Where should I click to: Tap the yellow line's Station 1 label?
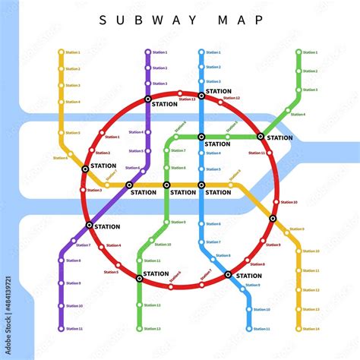[73, 52]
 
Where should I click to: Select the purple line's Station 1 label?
[159, 52]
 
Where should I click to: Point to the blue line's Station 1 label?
[213, 52]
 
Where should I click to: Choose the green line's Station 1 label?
[310, 52]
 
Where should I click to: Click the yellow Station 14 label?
[311, 329]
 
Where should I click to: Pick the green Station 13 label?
[153, 329]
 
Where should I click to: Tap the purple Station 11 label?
[74, 329]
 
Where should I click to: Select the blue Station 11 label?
[261, 329]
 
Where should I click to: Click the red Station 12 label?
[232, 98]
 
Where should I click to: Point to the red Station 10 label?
[289, 202]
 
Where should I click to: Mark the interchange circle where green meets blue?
[201, 137]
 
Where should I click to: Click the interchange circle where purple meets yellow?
[128, 185]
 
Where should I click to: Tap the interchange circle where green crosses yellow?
[166, 185]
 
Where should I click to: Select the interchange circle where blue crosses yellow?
[201, 185]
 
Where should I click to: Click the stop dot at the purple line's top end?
[147, 52]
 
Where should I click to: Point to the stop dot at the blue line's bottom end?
[249, 329]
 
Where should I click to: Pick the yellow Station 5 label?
[73, 133]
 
